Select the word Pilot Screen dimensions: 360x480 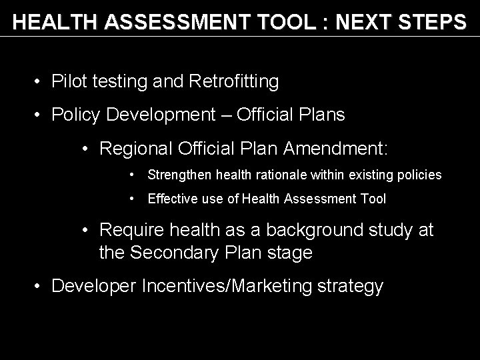[67, 82]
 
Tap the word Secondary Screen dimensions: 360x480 [171, 253]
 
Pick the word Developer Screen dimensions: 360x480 [95, 287]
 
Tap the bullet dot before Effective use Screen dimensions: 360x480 [134, 199]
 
